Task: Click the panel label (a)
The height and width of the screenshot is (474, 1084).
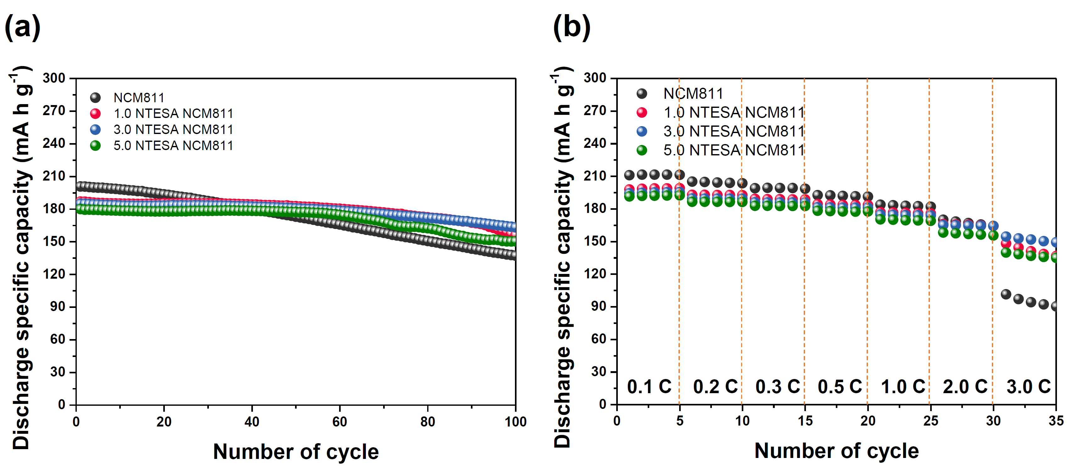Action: pos(22,27)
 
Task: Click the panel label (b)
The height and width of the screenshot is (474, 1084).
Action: pos(572,27)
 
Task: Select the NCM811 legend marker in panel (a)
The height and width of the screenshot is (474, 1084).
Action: pos(96,98)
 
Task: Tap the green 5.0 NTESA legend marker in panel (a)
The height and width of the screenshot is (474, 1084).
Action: pos(96,146)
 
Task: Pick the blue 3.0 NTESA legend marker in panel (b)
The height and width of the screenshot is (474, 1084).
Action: pos(642,131)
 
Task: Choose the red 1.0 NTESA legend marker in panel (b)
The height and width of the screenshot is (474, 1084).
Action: pos(642,112)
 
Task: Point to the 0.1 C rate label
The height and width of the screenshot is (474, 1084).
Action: pos(649,387)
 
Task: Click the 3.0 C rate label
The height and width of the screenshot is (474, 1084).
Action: pos(1028,387)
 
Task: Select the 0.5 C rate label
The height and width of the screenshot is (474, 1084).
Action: pos(840,387)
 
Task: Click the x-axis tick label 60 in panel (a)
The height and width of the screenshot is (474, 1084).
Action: pos(340,421)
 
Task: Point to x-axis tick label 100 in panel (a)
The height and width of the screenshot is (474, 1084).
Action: pos(516,421)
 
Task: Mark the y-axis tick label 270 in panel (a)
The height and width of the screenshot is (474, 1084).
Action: pos(54,111)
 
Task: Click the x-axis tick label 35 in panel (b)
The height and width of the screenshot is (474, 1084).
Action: pos(1056,421)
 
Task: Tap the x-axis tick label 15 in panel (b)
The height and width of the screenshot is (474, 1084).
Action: pos(805,421)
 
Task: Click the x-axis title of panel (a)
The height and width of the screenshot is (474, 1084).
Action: pos(296,452)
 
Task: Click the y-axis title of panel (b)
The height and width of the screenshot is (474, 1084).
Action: pos(563,257)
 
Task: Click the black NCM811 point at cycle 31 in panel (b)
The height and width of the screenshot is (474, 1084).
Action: pos(1006,294)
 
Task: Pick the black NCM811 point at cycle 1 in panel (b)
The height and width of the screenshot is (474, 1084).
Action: pos(629,175)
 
